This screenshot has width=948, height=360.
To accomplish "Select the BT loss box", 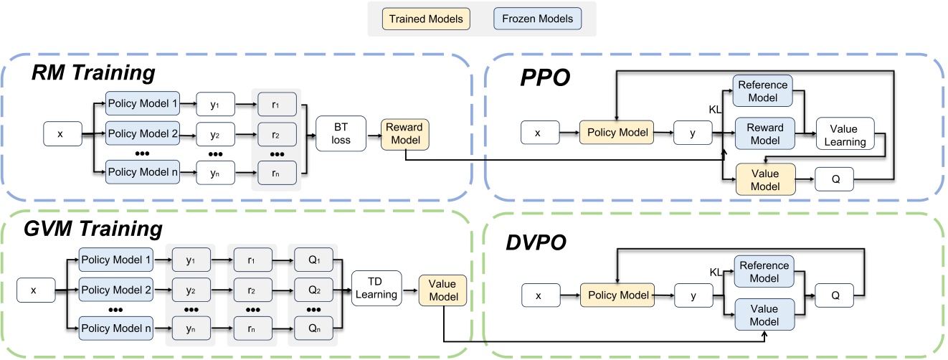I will pos(341,133).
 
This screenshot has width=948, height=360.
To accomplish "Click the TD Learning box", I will pos(376,288).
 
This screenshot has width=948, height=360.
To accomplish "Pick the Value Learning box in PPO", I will pos(848,134).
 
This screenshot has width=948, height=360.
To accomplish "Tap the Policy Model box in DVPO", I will pos(617,295).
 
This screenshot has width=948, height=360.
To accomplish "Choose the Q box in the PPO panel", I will pos(833,180).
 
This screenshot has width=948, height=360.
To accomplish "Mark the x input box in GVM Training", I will pos(34,290).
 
